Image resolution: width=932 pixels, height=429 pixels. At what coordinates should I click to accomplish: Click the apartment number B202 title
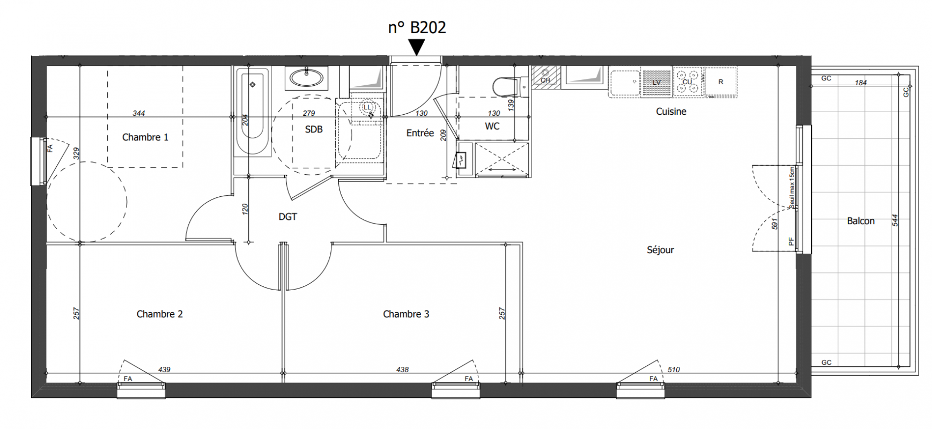click(417, 27)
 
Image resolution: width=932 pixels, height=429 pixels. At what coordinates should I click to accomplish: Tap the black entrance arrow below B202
click(417, 47)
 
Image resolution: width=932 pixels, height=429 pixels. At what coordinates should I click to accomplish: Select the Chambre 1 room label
click(145, 137)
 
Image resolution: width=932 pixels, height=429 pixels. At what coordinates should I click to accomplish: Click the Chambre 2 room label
click(159, 314)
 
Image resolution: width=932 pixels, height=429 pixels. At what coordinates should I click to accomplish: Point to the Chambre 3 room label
click(406, 314)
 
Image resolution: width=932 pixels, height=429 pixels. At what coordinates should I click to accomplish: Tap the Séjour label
click(660, 250)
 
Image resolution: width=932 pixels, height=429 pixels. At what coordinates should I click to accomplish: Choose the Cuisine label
click(671, 112)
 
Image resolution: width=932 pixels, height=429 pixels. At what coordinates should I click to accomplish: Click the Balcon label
click(861, 221)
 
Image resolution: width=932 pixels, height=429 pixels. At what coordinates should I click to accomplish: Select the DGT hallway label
click(287, 217)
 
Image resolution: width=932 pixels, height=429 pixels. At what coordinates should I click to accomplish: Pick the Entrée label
click(420, 133)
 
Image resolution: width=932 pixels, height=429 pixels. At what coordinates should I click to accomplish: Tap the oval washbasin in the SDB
click(307, 78)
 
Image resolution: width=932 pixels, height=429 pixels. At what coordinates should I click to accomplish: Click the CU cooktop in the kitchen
click(687, 82)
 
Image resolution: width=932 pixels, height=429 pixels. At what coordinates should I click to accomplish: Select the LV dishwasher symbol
click(656, 82)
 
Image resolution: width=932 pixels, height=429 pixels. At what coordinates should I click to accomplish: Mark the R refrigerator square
click(720, 82)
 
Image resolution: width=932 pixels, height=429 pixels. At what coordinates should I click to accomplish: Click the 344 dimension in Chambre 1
click(139, 113)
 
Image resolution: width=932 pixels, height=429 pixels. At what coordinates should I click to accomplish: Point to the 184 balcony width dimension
click(861, 83)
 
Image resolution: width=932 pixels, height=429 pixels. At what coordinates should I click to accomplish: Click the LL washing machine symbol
click(367, 107)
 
